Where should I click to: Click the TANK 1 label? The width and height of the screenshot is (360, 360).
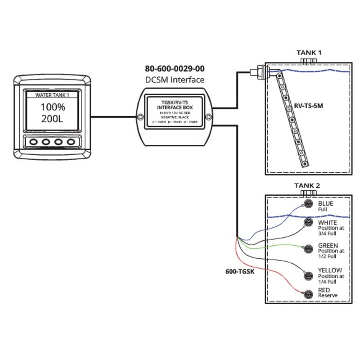pyautogui.click(x=309, y=53)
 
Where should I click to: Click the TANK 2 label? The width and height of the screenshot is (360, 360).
pyautogui.click(x=307, y=185)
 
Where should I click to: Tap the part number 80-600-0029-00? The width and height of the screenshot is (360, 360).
pyautogui.click(x=174, y=69)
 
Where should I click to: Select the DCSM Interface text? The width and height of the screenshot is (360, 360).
pyautogui.click(x=174, y=80)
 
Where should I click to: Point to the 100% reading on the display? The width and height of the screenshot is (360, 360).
pyautogui.click(x=53, y=108)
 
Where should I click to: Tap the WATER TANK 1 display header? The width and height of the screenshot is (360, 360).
pyautogui.click(x=53, y=94)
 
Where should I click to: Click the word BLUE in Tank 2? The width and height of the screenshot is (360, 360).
pyautogui.click(x=325, y=204)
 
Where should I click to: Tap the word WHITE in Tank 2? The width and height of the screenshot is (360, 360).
pyautogui.click(x=327, y=222)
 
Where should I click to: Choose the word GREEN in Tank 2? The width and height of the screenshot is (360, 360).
pyautogui.click(x=328, y=245)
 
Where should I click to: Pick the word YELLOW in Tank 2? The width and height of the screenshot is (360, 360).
pyautogui.click(x=329, y=270)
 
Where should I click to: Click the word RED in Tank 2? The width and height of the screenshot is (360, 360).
pyautogui.click(x=324, y=290)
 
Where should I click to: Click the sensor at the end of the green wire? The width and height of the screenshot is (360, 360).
pyautogui.click(x=308, y=248)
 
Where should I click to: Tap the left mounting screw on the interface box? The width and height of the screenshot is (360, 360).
pyautogui.click(x=141, y=117)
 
